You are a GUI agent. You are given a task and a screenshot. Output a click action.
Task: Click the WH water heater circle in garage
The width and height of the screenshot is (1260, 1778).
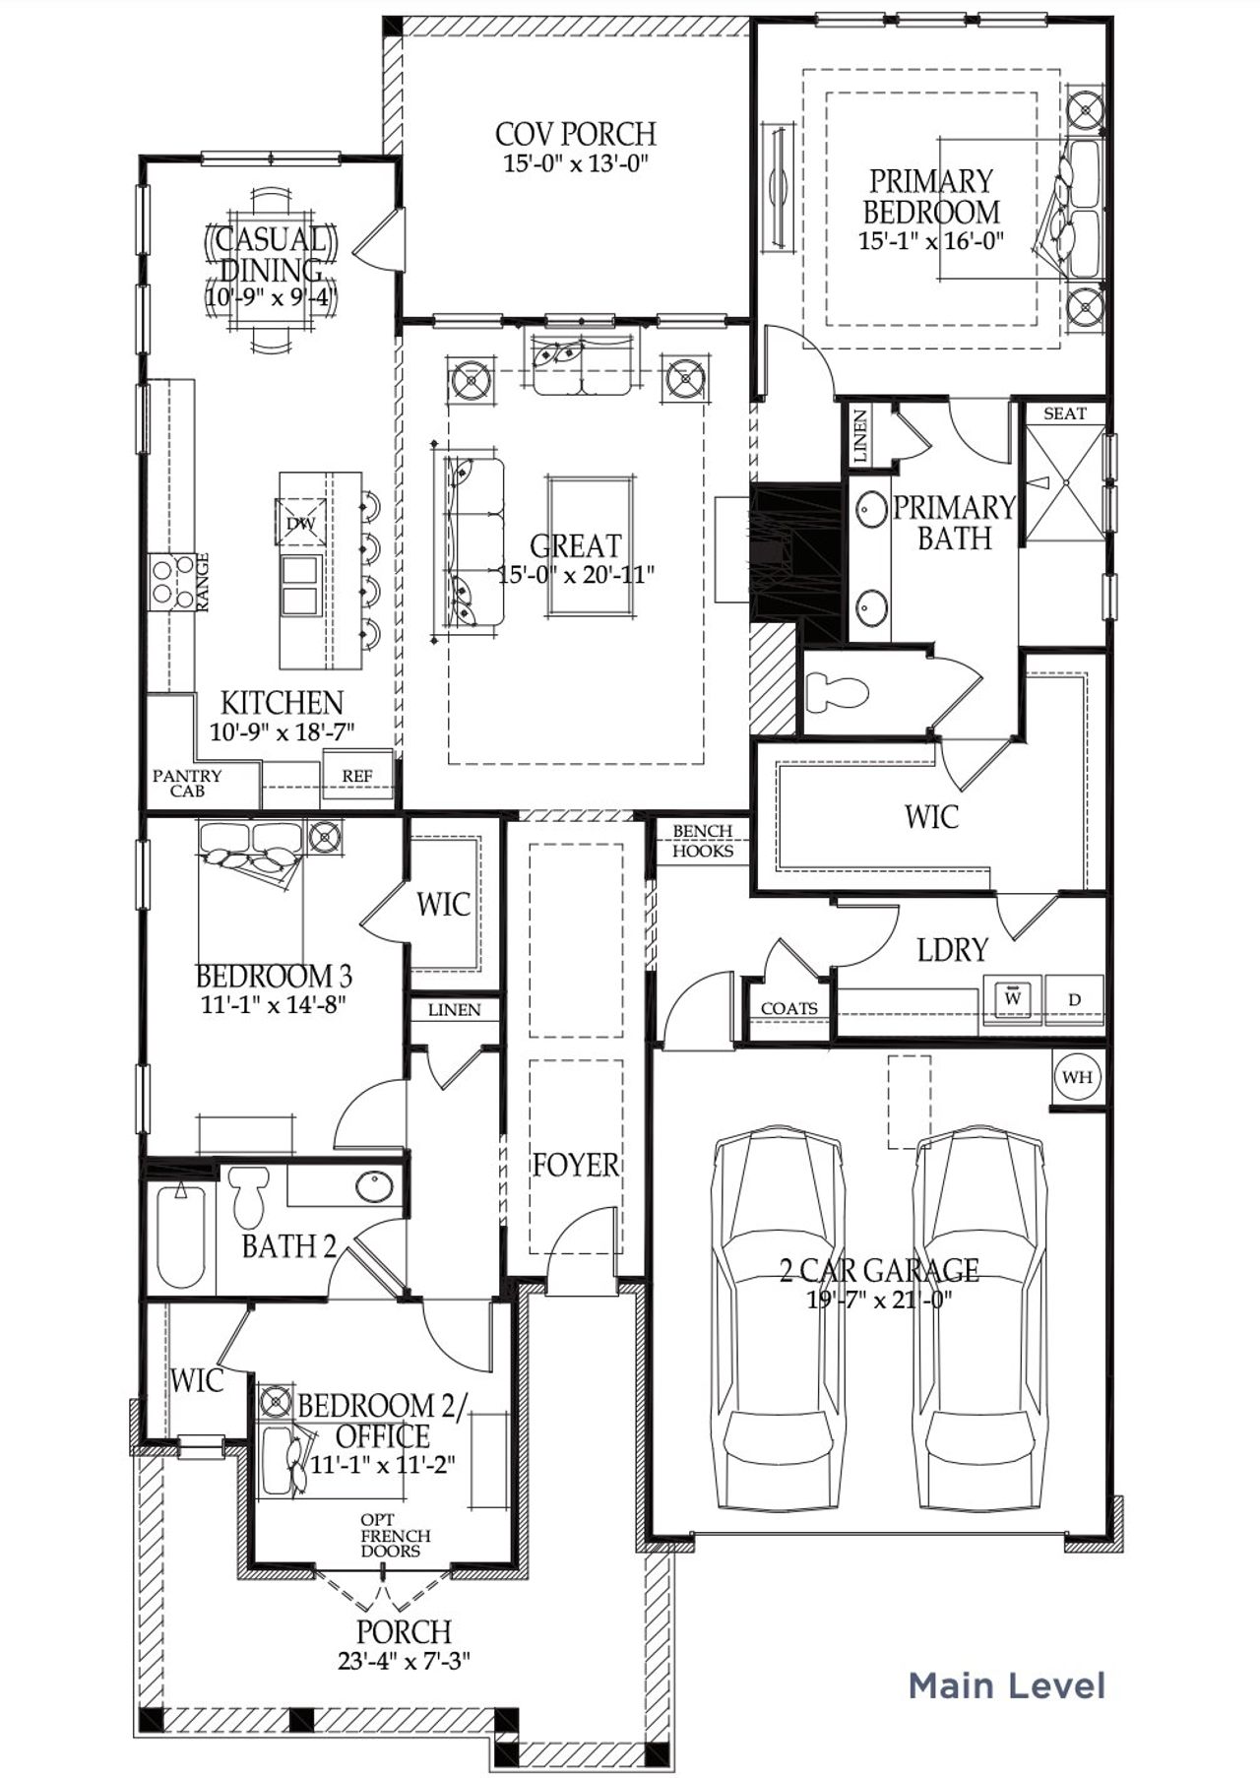coord(1077,1077)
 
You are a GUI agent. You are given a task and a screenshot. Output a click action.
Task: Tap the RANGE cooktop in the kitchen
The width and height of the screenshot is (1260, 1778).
coord(171,581)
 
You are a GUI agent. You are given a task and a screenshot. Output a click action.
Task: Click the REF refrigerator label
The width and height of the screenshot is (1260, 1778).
coord(357,776)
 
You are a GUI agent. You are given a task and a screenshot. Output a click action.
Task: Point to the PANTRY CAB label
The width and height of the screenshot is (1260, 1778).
coord(187,783)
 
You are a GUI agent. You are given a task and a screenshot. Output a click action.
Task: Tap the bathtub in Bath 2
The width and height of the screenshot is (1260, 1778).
coord(181,1238)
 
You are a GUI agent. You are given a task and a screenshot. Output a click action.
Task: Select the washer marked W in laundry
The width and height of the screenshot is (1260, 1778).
coord(1012,999)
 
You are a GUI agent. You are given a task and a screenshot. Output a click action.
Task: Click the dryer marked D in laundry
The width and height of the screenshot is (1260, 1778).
coord(1075,1000)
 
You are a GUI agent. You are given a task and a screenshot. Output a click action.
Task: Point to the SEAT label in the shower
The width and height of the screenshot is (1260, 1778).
coord(1064,413)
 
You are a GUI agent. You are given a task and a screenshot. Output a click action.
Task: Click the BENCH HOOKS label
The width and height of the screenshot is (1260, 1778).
coord(703,842)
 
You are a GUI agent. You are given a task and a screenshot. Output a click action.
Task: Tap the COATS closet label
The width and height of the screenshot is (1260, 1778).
coord(788,1009)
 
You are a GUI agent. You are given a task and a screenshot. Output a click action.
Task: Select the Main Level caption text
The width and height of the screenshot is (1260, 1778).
coord(1006,1684)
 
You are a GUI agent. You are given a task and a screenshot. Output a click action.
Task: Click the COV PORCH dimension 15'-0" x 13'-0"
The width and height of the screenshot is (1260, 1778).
coord(576,164)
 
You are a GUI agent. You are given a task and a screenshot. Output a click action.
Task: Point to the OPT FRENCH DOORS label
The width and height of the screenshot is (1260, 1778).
coord(396,1535)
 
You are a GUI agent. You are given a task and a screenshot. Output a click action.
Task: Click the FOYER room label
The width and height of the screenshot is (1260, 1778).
coord(576,1166)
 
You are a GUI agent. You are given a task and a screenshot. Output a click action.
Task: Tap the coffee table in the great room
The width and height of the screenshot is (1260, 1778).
coord(591,546)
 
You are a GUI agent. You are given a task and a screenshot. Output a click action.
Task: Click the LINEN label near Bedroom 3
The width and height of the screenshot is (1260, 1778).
coord(455,1010)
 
